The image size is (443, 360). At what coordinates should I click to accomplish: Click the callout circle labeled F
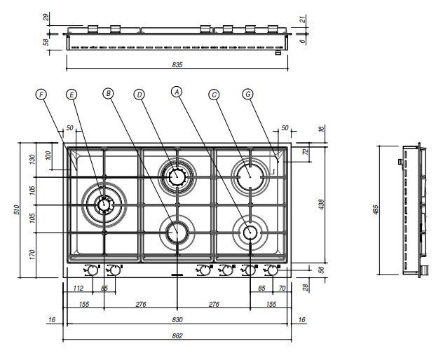41,93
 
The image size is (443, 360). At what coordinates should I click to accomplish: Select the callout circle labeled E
71,93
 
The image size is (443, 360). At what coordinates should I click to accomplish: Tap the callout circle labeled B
107,92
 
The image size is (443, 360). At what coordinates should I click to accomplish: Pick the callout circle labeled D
139,93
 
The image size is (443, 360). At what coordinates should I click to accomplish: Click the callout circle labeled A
177,91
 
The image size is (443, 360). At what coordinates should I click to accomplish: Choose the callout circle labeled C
214,93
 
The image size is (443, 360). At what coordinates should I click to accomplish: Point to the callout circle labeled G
247,93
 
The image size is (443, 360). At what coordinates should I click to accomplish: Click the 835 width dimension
177,64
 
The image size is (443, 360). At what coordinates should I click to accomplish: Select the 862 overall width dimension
177,335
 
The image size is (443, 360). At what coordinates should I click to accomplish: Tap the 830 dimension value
177,319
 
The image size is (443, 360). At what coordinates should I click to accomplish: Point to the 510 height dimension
17,209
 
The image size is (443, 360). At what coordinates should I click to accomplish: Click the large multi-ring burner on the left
104,205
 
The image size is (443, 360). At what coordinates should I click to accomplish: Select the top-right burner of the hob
250,173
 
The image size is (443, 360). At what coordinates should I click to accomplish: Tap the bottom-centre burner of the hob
177,231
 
